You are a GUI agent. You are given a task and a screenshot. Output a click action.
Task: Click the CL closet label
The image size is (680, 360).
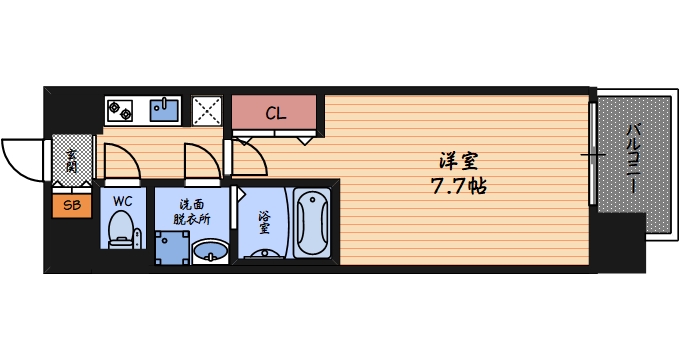pyautogui.click(x=275, y=113)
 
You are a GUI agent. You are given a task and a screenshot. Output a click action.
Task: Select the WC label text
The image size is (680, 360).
pyautogui.click(x=122, y=201)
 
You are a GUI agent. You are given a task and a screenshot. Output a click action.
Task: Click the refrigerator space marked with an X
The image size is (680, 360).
pyautogui.click(x=207, y=110)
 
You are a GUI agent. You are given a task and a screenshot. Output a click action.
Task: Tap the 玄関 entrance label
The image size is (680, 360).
pyautogui.click(x=72, y=161)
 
